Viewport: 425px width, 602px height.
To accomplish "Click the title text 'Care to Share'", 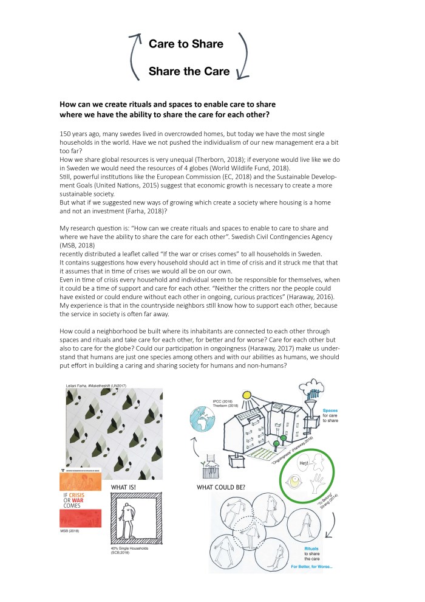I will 186,44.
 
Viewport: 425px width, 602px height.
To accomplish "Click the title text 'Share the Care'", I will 189,72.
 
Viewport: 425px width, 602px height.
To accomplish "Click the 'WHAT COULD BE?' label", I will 223,488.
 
